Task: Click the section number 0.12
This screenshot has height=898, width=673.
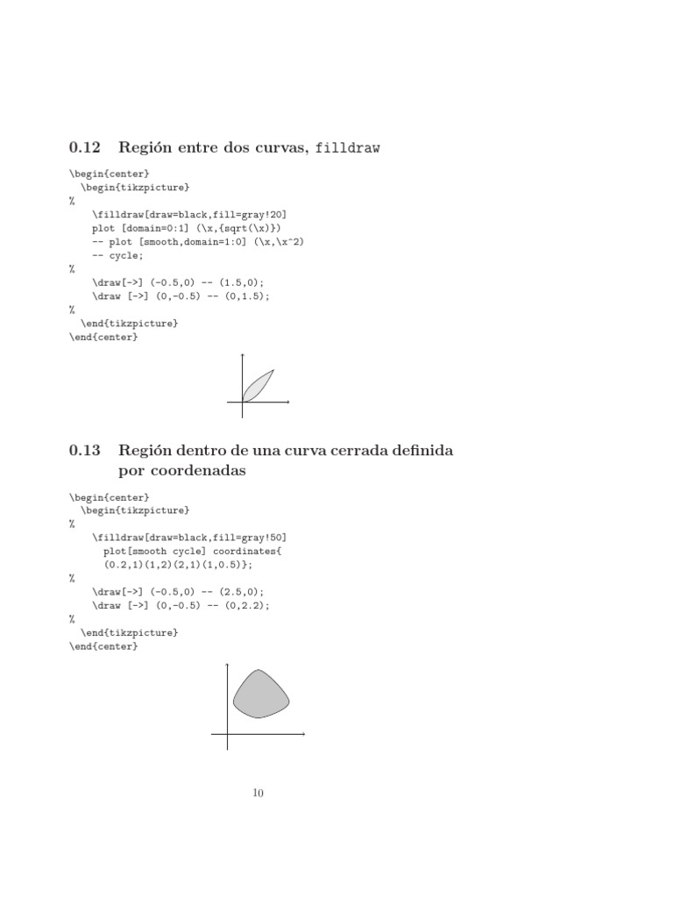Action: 85,148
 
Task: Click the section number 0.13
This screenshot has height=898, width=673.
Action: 85,451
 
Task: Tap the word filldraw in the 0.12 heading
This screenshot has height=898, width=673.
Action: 347,149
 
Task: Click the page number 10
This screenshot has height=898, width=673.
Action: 258,794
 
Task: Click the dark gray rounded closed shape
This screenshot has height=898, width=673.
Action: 260,695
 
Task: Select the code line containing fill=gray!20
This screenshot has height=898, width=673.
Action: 188,214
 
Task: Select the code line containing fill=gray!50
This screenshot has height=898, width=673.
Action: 188,538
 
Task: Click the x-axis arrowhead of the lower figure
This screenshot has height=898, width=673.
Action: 302,733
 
